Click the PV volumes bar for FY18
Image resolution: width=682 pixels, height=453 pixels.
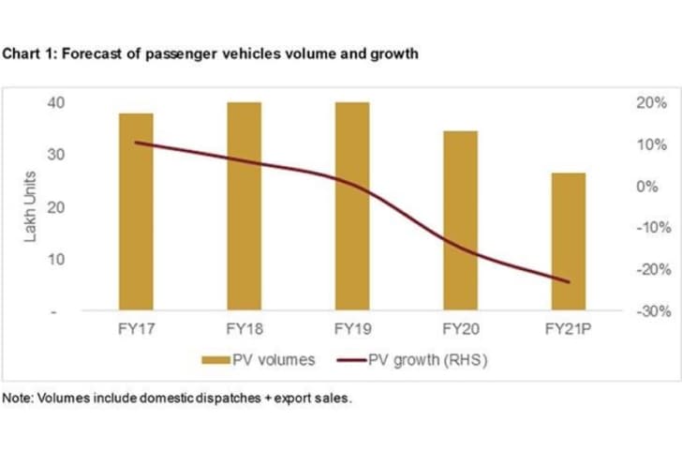[245, 206]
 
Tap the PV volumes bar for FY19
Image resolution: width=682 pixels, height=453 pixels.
[352, 206]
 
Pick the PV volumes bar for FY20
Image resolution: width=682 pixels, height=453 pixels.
[460, 220]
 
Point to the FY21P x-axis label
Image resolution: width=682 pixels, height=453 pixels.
[568, 330]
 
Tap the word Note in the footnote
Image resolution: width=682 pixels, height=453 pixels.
[15, 398]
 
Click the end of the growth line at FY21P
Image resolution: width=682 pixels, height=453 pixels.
[568, 281]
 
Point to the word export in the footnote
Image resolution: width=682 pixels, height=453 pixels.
[294, 398]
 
